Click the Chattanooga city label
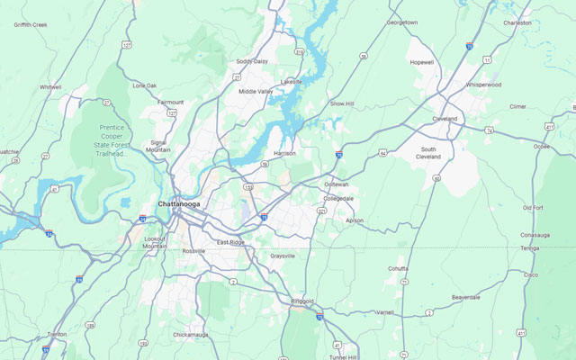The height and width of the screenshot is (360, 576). point(179,204)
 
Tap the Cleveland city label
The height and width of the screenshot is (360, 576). point(444,119)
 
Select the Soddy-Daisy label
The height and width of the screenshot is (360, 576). point(252,61)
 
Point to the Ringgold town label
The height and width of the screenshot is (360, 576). point(303,301)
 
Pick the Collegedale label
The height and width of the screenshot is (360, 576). point(338,198)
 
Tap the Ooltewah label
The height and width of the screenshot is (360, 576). point(337,184)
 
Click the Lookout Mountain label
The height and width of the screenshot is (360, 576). point(156,242)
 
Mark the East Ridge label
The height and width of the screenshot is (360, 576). point(230,243)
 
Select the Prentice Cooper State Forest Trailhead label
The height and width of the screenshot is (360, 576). point(115,140)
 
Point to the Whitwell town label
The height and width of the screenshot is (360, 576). point(50,87)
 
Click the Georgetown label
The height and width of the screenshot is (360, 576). point(401,22)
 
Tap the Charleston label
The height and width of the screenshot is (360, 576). point(517,22)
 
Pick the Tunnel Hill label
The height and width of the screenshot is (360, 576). point(342,357)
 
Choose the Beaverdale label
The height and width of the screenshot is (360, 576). point(465,296)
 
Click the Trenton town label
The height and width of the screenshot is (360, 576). point(57,334)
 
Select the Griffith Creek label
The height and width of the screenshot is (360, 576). point(31,25)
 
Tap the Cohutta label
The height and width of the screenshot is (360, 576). point(398,268)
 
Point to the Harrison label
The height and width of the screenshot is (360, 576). point(284,153)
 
